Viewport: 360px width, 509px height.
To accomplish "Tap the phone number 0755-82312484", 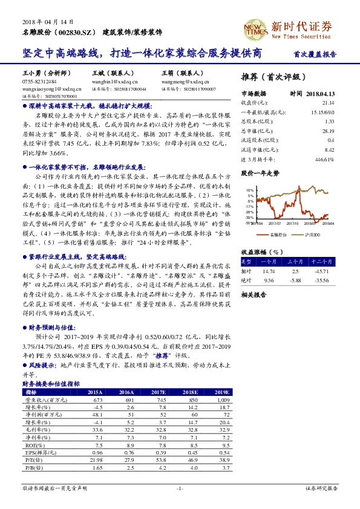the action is (x=39, y=80).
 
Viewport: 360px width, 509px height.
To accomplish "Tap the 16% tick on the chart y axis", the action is (x=249, y=189).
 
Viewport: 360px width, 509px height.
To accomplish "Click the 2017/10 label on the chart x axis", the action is (x=292, y=222).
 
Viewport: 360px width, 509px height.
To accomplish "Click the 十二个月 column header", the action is (x=322, y=261).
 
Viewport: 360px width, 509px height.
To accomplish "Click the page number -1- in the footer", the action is (x=180, y=487).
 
